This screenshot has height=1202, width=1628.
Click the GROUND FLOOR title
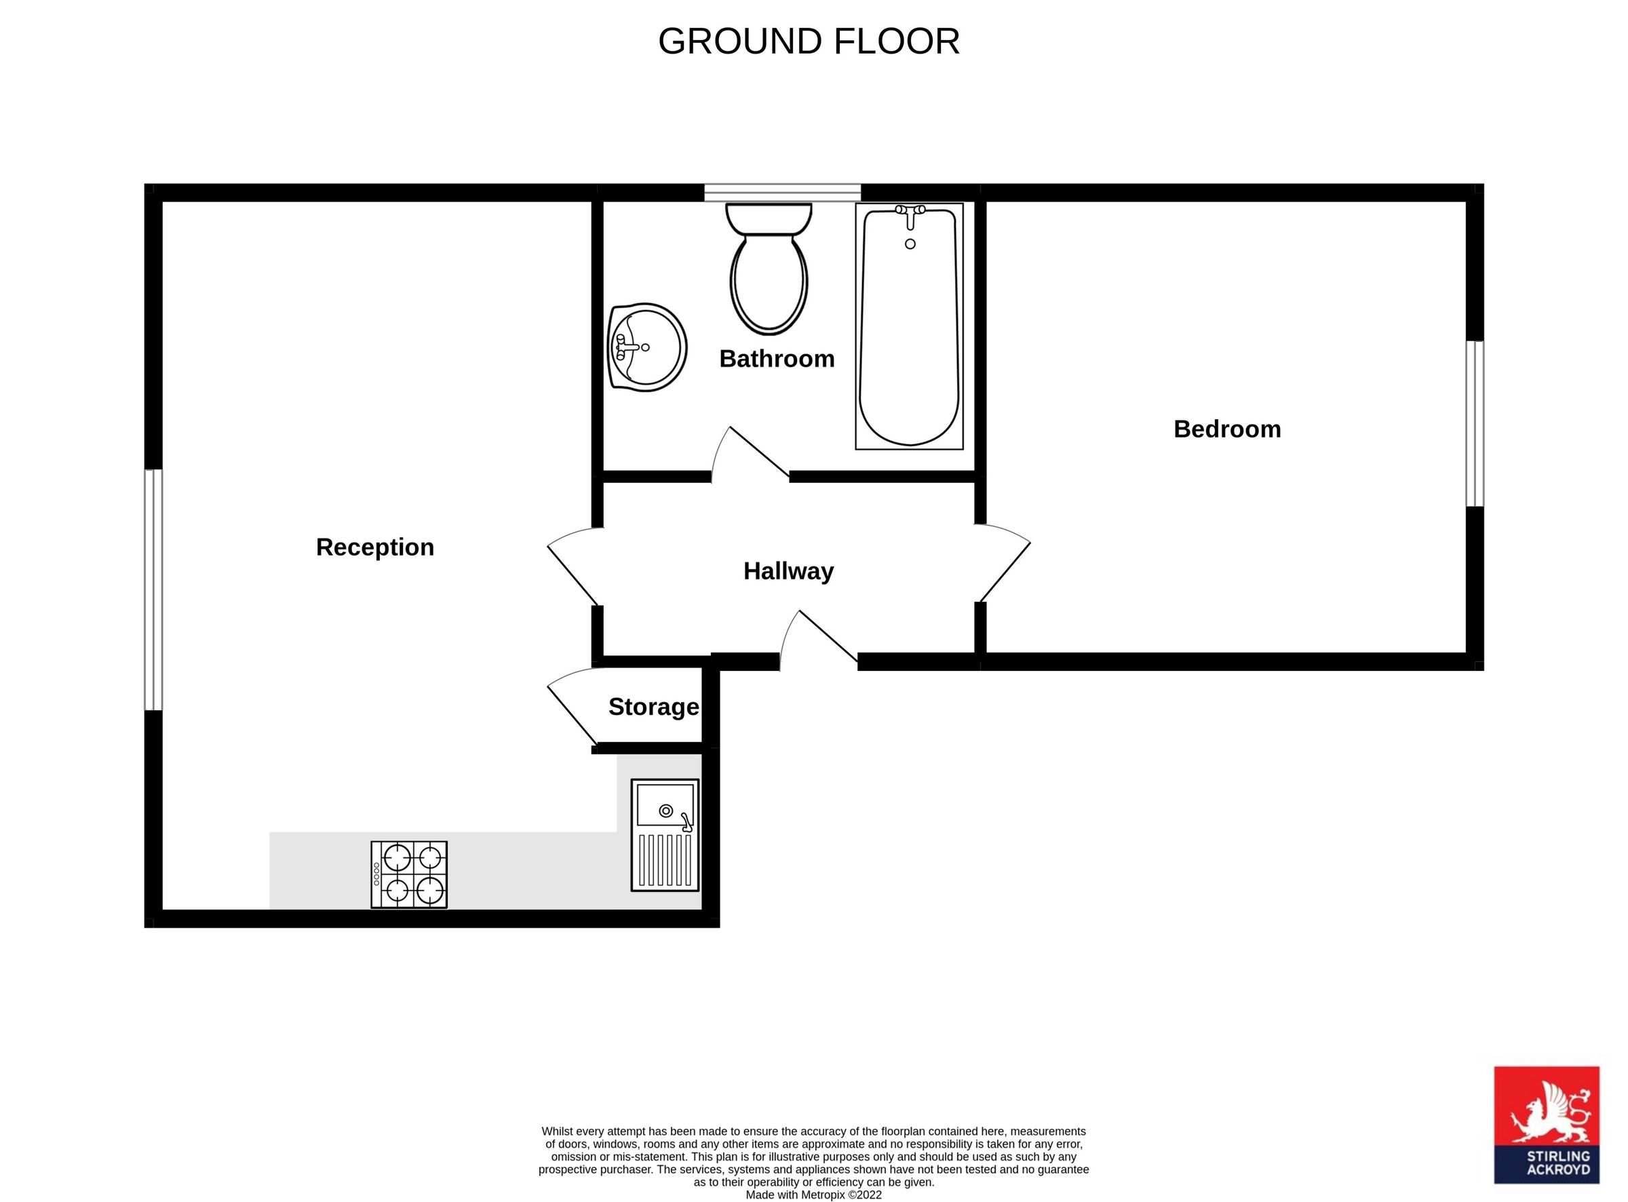[808, 41]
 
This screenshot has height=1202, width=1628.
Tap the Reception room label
[374, 547]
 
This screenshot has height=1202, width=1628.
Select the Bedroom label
[1226, 429]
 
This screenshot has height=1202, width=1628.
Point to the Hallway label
[788, 571]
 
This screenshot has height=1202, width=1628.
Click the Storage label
[653, 707]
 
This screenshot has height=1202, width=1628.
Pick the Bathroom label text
[776, 359]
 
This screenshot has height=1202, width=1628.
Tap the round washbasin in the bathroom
[646, 347]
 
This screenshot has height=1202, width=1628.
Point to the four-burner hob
[409, 874]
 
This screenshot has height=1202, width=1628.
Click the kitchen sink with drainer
[664, 834]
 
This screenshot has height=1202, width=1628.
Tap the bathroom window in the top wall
[782, 192]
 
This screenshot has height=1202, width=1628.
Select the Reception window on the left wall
[153, 589]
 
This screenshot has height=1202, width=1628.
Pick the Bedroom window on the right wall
[1474, 423]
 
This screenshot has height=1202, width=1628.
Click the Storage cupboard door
[573, 710]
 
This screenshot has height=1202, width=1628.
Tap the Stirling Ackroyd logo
[1547, 1135]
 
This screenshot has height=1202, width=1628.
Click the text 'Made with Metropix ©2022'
[813, 1195]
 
